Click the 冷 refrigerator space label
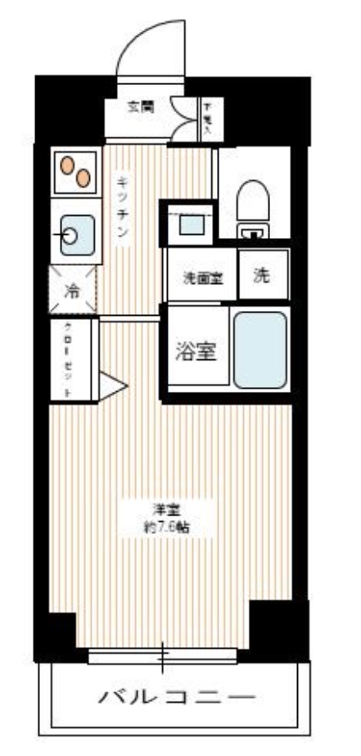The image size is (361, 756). tap(73, 290)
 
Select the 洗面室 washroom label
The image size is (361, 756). tap(201, 277)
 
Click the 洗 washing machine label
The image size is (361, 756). tap(261, 276)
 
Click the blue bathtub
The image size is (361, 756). tap(260, 349)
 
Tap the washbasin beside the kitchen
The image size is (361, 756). tap(190, 221)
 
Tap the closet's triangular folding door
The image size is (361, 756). tap(110, 385)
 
